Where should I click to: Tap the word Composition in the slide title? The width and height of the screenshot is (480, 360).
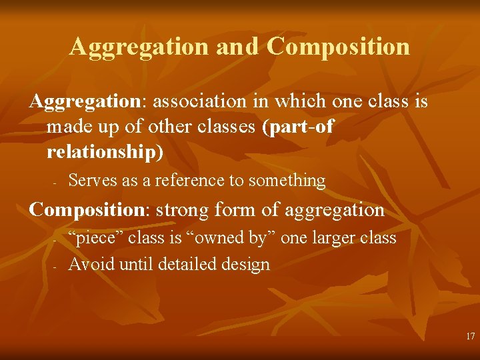339,47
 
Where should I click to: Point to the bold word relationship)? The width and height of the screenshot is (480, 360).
105,152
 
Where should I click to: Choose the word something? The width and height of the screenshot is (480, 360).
285,181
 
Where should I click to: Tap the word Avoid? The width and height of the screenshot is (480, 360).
92,265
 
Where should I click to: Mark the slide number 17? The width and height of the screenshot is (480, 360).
471,337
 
